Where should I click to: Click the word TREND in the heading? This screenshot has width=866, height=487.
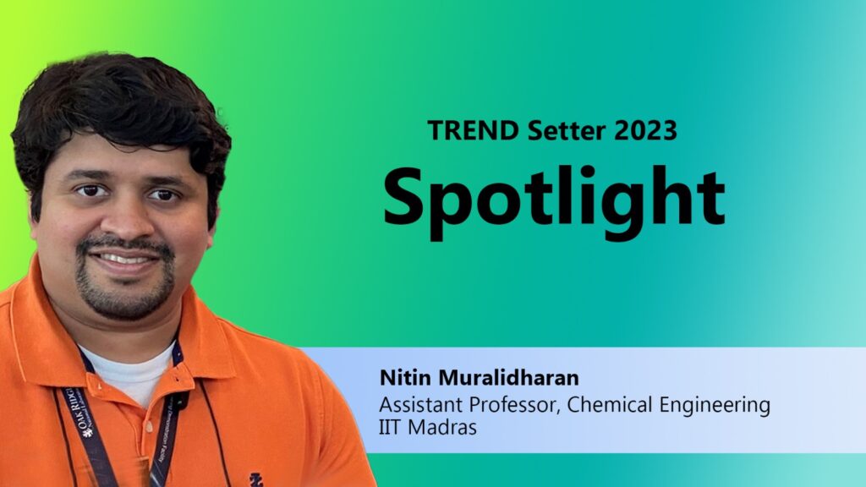pos(474,130)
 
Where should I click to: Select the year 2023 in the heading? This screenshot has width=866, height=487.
pos(645,130)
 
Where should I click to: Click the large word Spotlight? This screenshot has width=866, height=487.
pos(554,199)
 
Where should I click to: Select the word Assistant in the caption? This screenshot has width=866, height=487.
pos(420,405)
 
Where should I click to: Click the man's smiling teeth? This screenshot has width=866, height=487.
pos(123,259)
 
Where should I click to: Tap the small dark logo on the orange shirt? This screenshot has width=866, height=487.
pos(255,479)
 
